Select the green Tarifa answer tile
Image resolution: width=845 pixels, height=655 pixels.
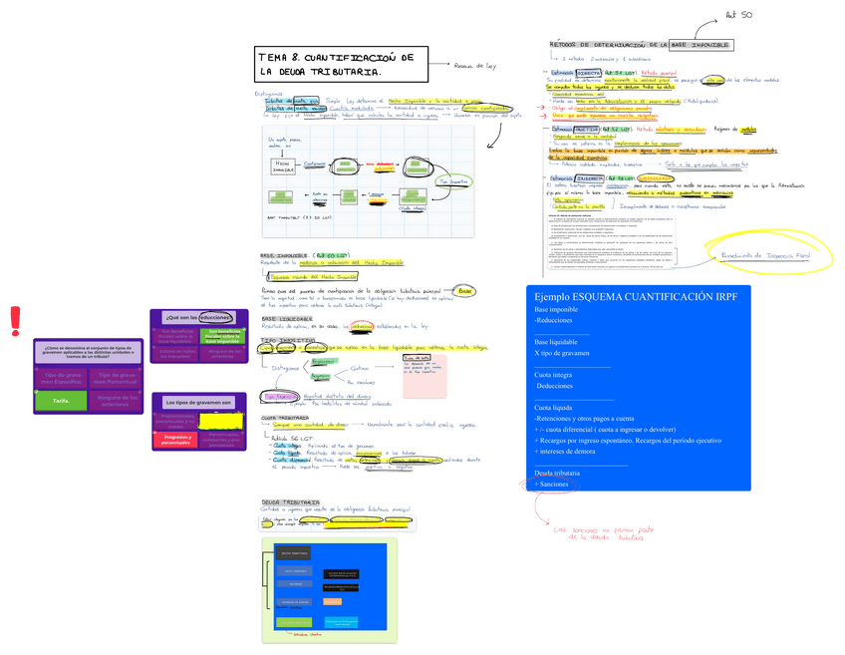(x=61, y=401)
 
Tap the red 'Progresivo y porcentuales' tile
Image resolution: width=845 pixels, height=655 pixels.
(x=178, y=439)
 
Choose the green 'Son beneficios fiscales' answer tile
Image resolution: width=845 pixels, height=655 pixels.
(x=221, y=335)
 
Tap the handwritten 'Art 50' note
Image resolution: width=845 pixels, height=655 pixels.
(x=738, y=16)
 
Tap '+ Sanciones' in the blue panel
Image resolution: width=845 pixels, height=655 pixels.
(x=552, y=484)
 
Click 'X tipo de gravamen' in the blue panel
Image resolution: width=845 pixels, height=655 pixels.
(x=562, y=353)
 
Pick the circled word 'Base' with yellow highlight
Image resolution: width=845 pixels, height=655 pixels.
(x=465, y=291)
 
